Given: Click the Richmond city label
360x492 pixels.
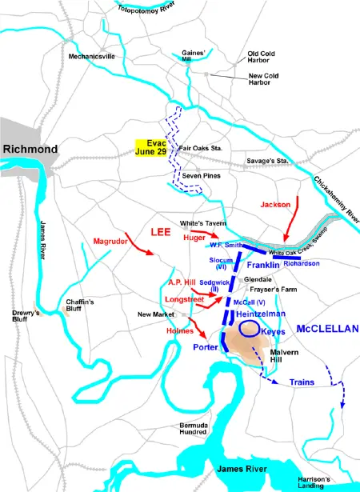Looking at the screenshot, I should pyautogui.click(x=30, y=150).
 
